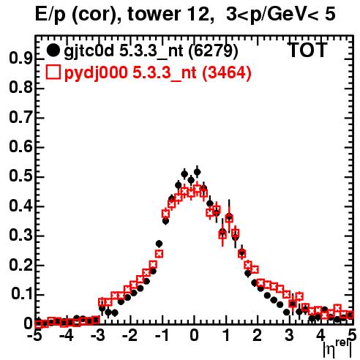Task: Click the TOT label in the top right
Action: tap(308, 50)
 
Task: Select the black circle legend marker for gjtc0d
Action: tap(53, 50)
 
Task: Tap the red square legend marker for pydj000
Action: tap(53, 72)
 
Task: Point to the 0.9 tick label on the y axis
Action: tap(20, 59)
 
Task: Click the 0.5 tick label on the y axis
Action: tap(20, 176)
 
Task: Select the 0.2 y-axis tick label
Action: tap(20, 265)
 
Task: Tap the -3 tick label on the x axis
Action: tap(97, 336)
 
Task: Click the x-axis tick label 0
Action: tap(194, 336)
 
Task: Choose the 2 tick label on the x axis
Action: tap(258, 336)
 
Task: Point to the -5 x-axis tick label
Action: tap(34, 336)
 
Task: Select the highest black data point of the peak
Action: tap(197, 172)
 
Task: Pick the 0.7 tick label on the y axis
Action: tap(20, 117)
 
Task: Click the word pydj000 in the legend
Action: tap(96, 73)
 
